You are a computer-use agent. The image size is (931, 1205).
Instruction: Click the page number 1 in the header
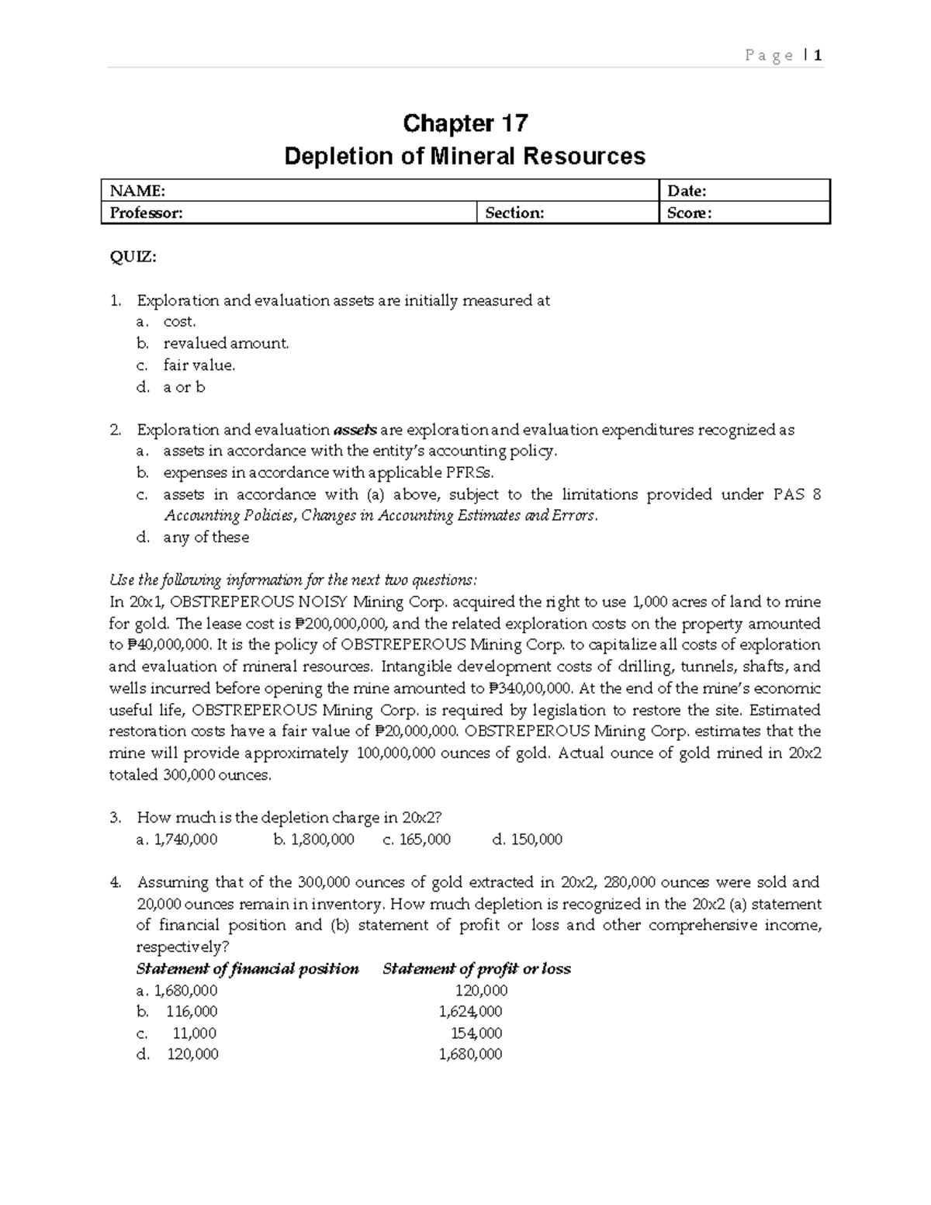818,55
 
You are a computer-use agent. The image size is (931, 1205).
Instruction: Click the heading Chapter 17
465,123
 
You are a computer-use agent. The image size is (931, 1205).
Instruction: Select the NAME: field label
137,191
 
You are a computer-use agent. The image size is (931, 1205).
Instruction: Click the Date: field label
687,191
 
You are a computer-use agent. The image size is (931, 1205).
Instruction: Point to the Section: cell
514,213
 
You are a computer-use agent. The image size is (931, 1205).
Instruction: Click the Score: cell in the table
689,213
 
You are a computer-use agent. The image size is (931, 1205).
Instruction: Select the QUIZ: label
133,258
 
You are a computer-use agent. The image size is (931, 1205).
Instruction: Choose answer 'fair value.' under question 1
199,365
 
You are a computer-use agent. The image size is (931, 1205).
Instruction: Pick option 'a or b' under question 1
184,386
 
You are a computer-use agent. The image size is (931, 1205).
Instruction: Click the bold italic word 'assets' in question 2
355,430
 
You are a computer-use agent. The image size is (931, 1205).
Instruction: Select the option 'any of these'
206,537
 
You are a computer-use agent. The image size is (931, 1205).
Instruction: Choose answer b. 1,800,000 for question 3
314,839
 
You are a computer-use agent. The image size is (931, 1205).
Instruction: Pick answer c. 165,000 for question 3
417,839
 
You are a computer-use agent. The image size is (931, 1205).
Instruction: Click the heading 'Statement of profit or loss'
476,968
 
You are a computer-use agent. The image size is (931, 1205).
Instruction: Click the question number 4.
115,882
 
